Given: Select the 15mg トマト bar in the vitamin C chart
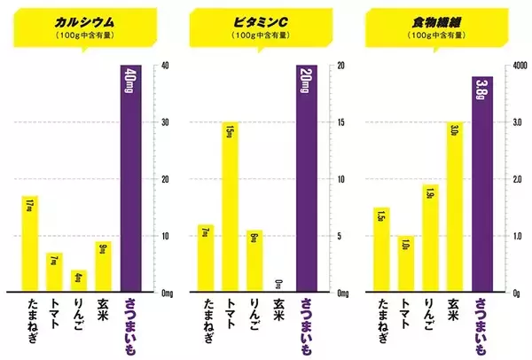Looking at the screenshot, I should pyautogui.click(x=230, y=207).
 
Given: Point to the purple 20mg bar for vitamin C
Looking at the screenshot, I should pyautogui.click(x=305, y=177).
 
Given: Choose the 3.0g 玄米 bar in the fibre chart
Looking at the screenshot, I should pyautogui.click(x=456, y=207).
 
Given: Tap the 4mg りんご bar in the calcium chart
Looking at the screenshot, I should pyautogui.click(x=80, y=280).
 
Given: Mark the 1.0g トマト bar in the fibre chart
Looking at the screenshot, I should pyautogui.click(x=405, y=263).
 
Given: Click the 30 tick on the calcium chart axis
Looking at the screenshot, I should pyautogui.click(x=163, y=122).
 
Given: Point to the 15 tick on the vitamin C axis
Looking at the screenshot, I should pyautogui.click(x=339, y=122).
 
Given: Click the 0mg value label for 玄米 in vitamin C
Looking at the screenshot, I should pyautogui.click(x=280, y=284).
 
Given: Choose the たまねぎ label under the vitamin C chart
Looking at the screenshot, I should pyautogui.click(x=206, y=320).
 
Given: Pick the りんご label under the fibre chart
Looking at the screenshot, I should pyautogui.click(x=431, y=315).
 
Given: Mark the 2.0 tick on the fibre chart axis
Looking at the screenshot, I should pyautogui.click(x=515, y=179).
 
